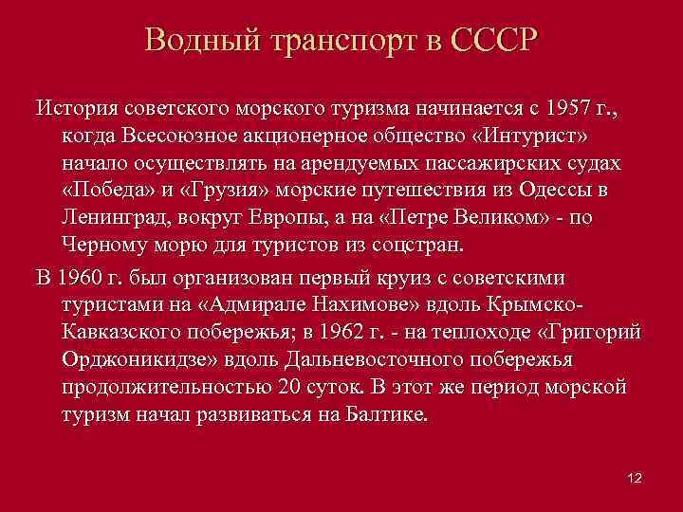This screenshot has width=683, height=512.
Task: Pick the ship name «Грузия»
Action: coord(220,189)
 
